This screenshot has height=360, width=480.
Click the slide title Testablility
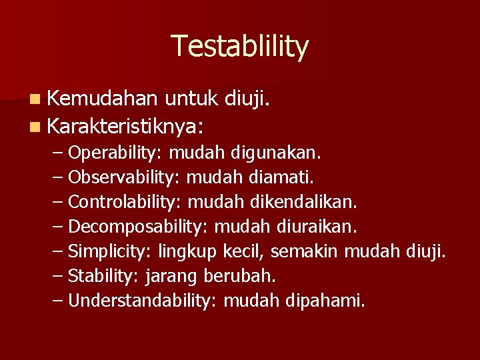[240, 47]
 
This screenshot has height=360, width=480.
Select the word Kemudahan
[103, 99]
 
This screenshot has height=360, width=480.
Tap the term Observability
[124, 178]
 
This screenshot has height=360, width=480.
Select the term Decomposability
[138, 227]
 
